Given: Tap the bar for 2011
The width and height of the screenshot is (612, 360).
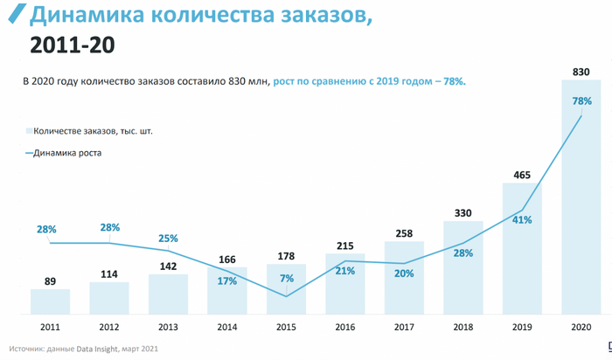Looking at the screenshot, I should tap(50, 301).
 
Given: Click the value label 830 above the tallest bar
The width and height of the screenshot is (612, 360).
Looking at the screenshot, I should tap(581, 70).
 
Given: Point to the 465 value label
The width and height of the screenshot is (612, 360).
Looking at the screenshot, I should tap(522, 176).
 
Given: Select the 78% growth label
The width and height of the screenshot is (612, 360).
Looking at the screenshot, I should tap(581, 102).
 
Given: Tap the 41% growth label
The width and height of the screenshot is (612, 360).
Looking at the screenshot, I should tap(522, 219).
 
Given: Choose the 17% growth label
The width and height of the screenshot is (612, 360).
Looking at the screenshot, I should tap(226, 281).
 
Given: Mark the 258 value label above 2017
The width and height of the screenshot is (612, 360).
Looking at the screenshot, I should tap(403, 234).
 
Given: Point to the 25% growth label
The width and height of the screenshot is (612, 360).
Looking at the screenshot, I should tap(168, 238).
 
